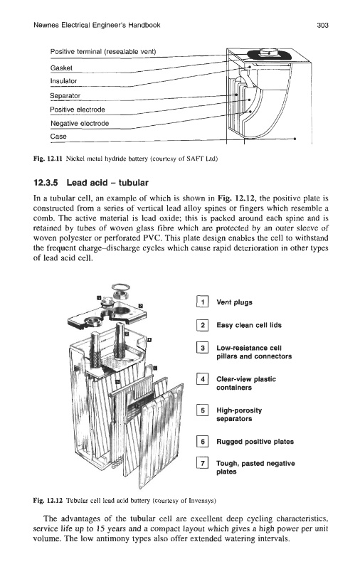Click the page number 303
coord(322,25)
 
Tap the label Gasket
coord(61,68)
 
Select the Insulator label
coord(63,81)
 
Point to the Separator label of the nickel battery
coord(65,95)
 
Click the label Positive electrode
coord(78,110)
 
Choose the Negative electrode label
coord(80,123)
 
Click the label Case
coord(58,137)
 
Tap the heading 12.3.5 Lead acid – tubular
coord(91,183)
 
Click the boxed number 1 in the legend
coord(202,302)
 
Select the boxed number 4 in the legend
coord(202,379)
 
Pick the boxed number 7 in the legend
coord(202,463)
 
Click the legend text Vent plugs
coord(234,302)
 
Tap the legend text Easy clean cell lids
coord(249,325)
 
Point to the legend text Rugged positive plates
coord(255,442)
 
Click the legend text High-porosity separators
coord(239,415)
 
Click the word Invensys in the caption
coord(203,501)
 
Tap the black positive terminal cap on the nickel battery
coord(269,55)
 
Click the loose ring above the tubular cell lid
coord(121,289)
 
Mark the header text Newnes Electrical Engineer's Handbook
coord(97,25)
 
